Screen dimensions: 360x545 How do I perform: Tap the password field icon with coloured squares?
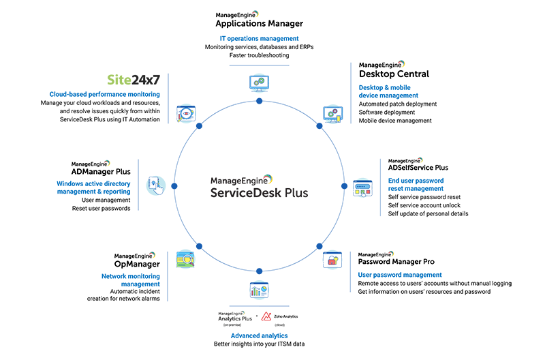pos(361,189)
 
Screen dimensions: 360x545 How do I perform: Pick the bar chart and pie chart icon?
pos(260,292)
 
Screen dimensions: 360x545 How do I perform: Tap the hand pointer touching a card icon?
pos(154,185)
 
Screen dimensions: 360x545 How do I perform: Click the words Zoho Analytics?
pos(286,317)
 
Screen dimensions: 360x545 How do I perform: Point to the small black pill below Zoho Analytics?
pos(278,327)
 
